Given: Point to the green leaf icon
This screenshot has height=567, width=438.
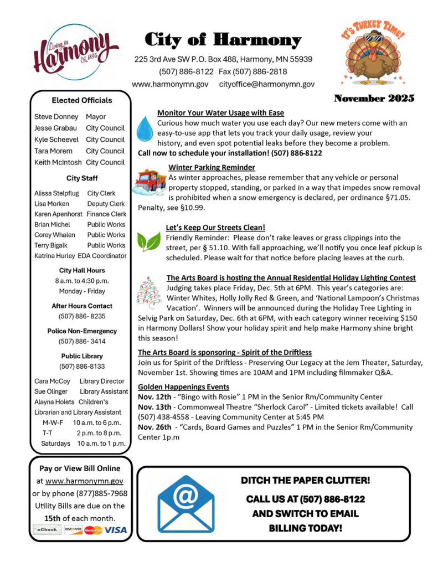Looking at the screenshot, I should pos(148,241).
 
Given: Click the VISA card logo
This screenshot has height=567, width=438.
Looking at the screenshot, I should pos(116,530).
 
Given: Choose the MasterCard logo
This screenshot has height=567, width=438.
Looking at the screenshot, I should pos(94,530).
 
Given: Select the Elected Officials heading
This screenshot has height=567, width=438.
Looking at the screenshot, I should pos(81,100).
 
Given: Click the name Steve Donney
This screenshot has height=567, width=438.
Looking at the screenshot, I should pos(56,117).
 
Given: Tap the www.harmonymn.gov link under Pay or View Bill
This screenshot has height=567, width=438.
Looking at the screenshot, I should pos(84,481).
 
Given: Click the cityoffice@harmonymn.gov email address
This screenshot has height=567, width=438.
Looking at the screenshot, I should pos(267,84).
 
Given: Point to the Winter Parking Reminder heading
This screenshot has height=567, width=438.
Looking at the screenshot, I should pos(212,167).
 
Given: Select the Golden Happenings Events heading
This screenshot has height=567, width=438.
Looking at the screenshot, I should pos(183,386).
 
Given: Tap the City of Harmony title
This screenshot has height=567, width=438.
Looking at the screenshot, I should pos(223,40).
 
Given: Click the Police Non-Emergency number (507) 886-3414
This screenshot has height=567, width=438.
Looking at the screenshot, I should pos(81,341).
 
